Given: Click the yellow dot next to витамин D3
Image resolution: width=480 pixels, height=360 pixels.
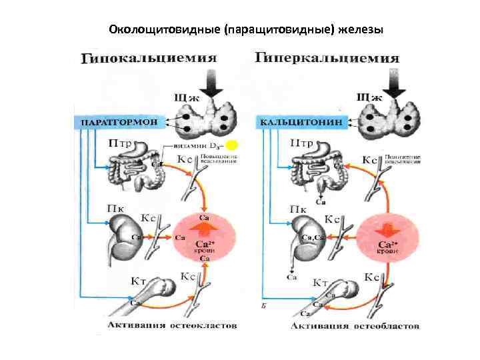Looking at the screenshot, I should coord(231,145).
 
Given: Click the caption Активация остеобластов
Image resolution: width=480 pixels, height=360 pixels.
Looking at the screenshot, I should coord(355,326).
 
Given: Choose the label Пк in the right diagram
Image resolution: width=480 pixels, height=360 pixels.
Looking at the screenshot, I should coord(299,209).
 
